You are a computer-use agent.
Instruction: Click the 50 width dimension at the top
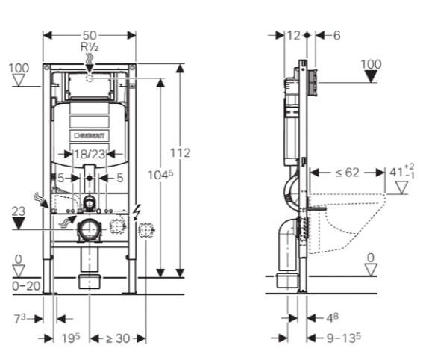90,35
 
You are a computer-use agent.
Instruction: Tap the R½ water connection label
90,47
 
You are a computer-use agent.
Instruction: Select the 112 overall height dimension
181,153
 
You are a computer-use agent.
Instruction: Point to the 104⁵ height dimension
160,175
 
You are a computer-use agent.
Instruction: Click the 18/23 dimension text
90,154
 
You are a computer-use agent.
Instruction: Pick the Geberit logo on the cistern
90,136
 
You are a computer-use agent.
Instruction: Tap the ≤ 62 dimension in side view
347,173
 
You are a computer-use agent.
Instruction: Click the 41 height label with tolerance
401,171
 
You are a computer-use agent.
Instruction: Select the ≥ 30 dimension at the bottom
118,338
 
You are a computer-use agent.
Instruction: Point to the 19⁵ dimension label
71,338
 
